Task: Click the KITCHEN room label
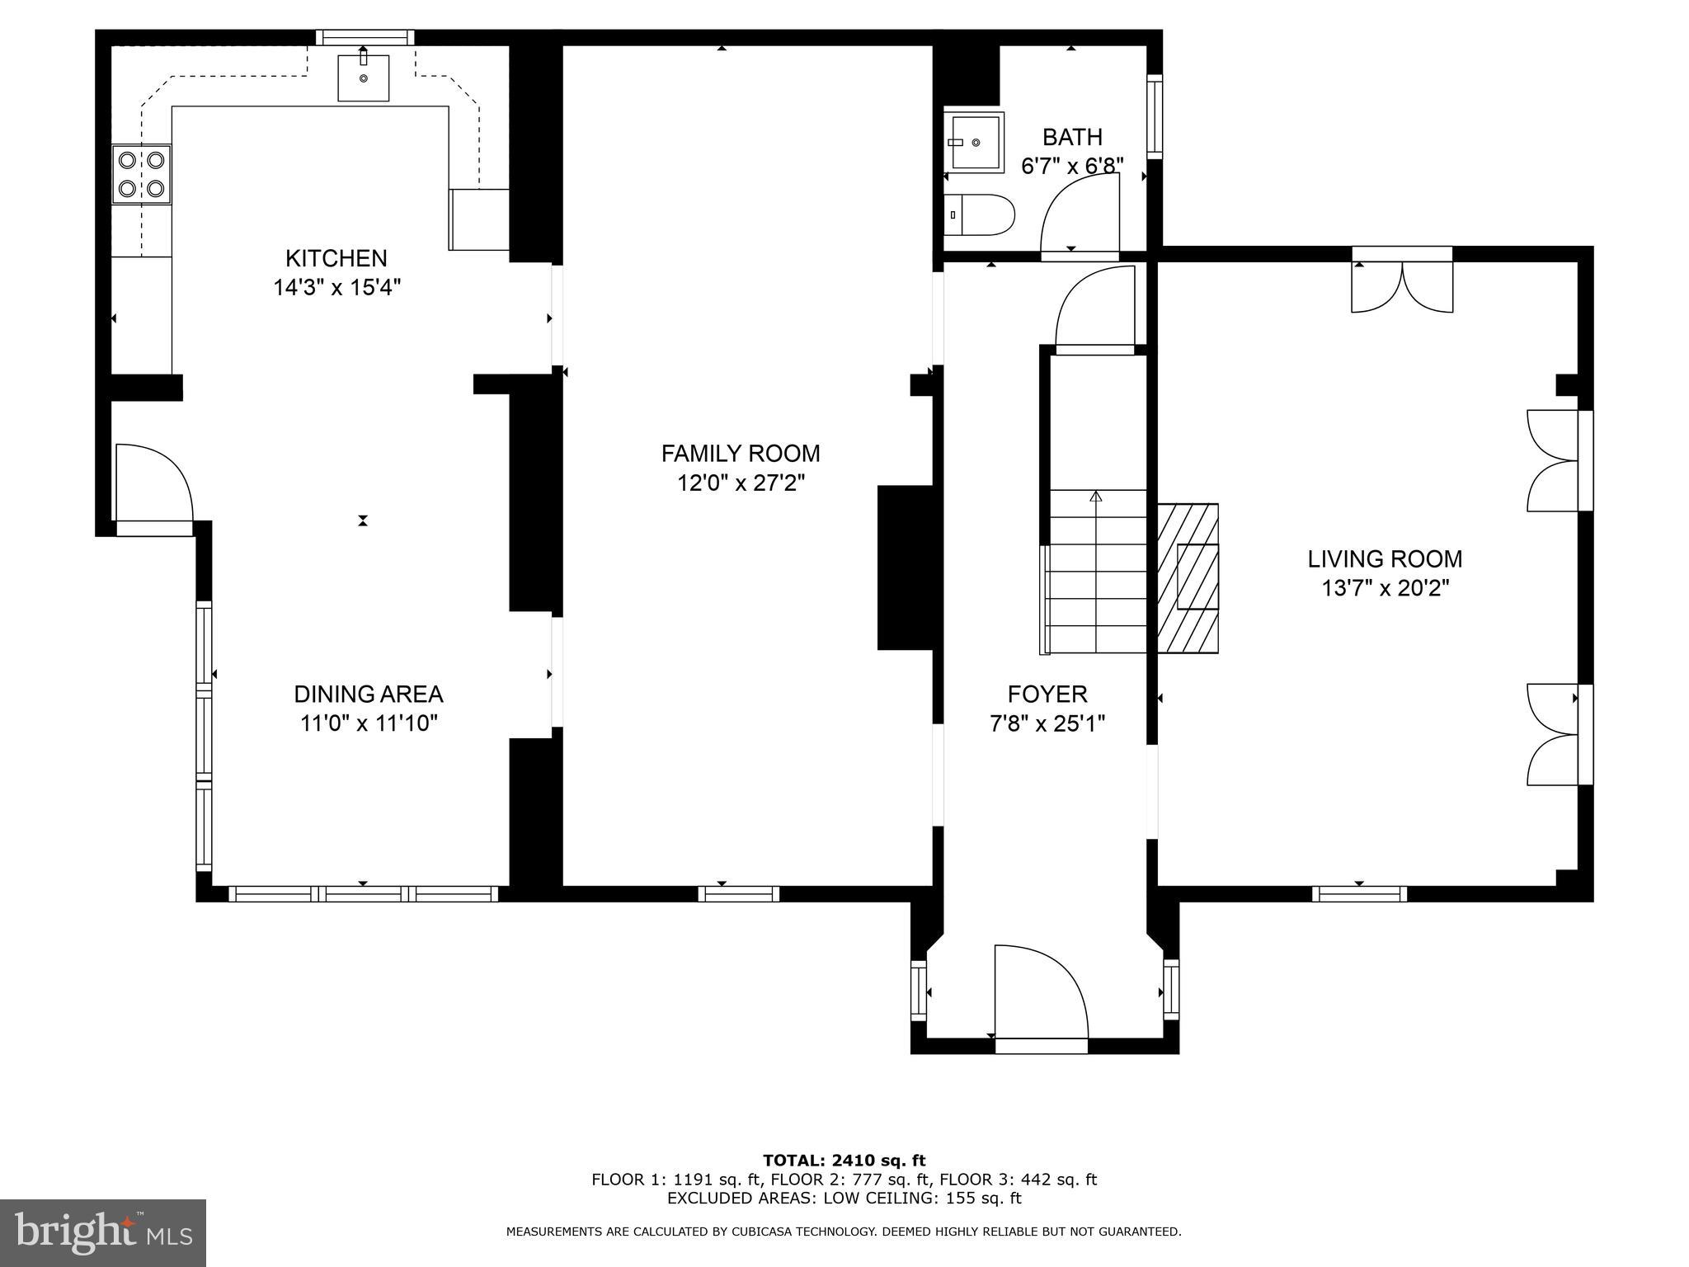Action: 336,258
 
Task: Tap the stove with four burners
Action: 142,174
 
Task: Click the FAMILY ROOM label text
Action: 740,454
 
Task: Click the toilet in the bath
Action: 979,214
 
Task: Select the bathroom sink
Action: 973,143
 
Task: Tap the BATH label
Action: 1071,137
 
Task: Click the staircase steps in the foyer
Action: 1097,571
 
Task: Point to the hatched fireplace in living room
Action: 1188,577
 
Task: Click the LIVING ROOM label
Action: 1384,559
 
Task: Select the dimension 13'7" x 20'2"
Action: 1384,589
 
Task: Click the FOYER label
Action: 1047,694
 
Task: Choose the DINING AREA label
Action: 369,694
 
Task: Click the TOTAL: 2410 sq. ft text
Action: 844,1161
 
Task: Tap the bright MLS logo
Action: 102,1232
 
